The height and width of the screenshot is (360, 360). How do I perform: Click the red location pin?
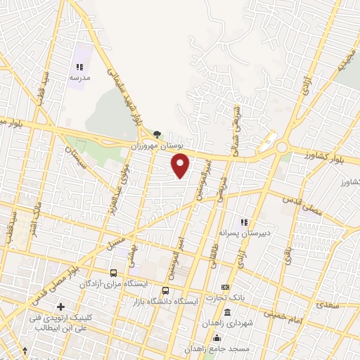coord(181,165)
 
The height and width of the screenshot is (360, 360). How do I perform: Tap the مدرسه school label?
coord(78,77)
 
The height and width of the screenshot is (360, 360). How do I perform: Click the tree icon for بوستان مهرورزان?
coord(157,134)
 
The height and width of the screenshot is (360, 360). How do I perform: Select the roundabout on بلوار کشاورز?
coord(282,147)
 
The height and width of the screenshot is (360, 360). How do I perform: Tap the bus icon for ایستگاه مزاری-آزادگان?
coord(113,272)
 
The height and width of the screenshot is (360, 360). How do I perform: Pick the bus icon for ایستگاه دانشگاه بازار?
coord(165,290)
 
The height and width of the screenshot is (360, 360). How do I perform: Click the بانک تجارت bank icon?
coord(225,287)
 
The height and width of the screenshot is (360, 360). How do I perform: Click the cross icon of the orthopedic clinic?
coord(61,307)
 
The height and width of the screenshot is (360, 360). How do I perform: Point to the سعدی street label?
coord(328,306)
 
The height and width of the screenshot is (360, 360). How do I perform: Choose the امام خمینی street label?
coord(285,314)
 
